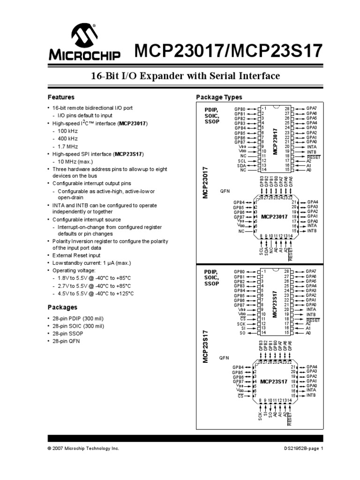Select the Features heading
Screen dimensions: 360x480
[x=61, y=97]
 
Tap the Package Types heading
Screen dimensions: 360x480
[x=219, y=97]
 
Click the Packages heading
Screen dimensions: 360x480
[x=62, y=307]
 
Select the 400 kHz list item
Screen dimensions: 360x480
[x=67, y=139]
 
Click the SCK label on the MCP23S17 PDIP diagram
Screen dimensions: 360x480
[x=241, y=323]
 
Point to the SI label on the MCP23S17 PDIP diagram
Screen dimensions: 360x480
[x=243, y=328]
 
